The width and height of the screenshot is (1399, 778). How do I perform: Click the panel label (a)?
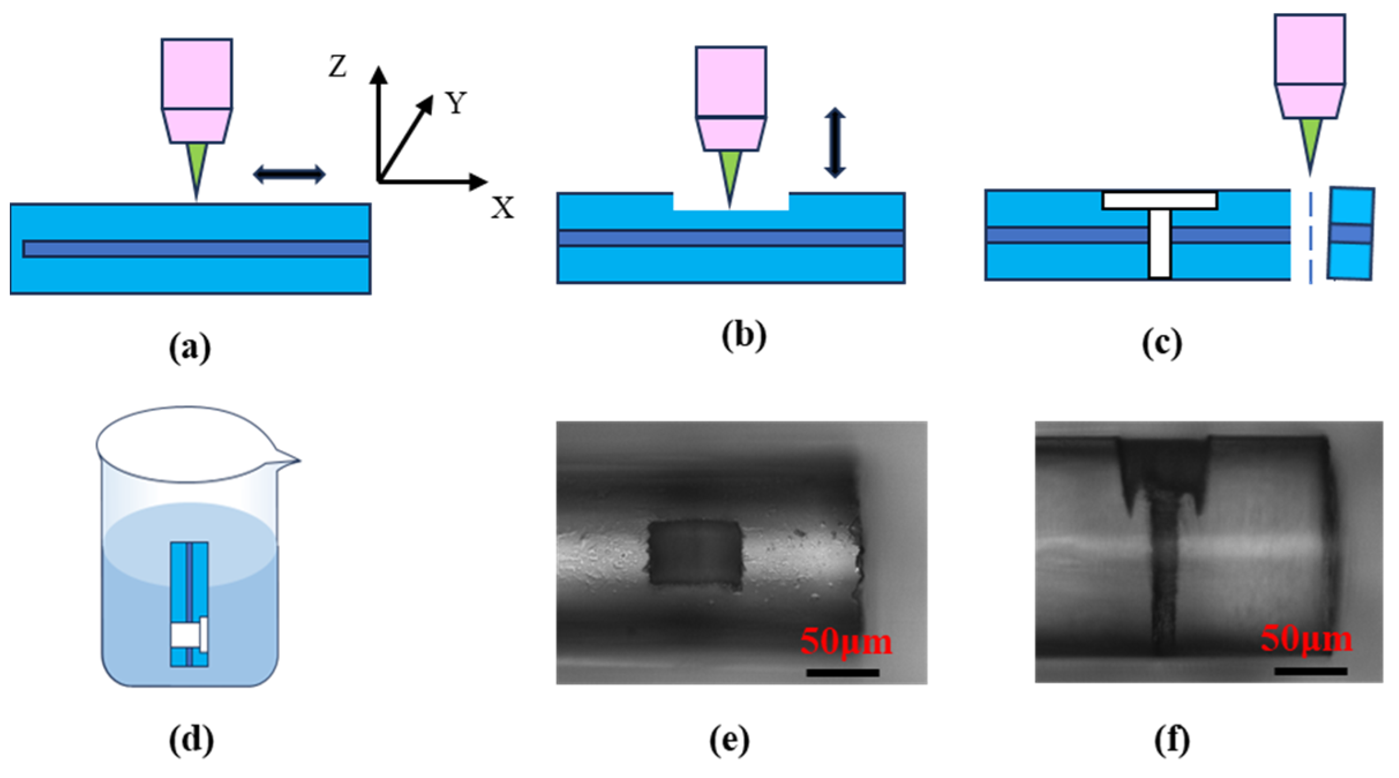click(x=190, y=348)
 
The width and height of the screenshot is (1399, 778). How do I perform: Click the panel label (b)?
click(x=744, y=335)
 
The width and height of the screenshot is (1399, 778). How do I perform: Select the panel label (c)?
click(x=1162, y=344)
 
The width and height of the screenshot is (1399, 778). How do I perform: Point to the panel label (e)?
click(x=729, y=740)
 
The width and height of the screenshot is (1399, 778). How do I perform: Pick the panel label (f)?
click(x=1172, y=740)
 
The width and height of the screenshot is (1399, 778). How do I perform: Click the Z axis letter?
click(x=338, y=66)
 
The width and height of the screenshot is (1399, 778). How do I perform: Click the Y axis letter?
click(x=456, y=104)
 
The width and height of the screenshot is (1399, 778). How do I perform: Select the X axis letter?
click(x=502, y=207)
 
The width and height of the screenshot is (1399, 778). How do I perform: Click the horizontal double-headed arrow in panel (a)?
click(x=289, y=174)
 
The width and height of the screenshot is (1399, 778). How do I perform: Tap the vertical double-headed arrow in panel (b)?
click(x=834, y=142)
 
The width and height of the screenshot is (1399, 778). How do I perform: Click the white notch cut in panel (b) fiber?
click(x=731, y=202)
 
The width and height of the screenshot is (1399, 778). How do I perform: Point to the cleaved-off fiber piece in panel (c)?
click(x=1351, y=233)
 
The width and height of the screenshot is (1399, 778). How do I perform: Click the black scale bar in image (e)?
click(x=843, y=673)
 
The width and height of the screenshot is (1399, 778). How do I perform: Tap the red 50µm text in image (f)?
click(x=1306, y=639)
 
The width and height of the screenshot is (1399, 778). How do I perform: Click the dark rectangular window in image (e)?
click(x=694, y=552)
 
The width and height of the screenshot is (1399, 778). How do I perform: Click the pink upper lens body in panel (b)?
click(x=731, y=82)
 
